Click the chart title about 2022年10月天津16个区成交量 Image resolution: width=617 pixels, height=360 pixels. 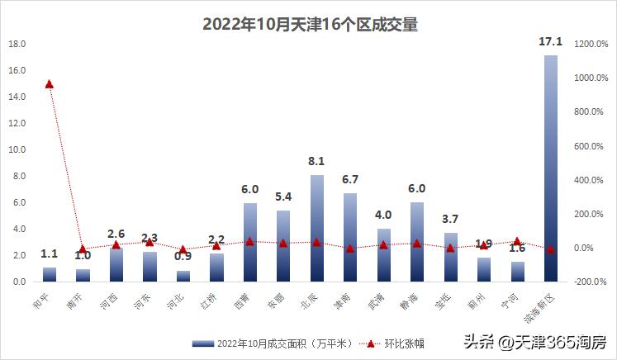coord(310,25)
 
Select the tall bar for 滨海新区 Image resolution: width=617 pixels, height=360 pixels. coord(550,173)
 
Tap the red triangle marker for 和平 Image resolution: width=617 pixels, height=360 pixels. coord(50,84)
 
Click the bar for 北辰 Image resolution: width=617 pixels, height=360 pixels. coord(317,231)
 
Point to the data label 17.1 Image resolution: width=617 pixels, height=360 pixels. coord(550,41)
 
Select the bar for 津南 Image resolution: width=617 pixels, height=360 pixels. coord(350,239)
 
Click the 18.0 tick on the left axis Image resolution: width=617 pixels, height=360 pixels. coord(17,44)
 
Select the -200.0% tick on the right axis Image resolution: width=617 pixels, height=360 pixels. coord(591,282)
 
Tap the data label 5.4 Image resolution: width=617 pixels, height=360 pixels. coord(283,197)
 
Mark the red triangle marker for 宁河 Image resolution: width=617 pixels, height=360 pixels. coord(517,242)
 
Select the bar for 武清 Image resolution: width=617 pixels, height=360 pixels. coord(383,256)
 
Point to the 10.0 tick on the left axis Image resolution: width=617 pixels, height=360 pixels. coord(17,149)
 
